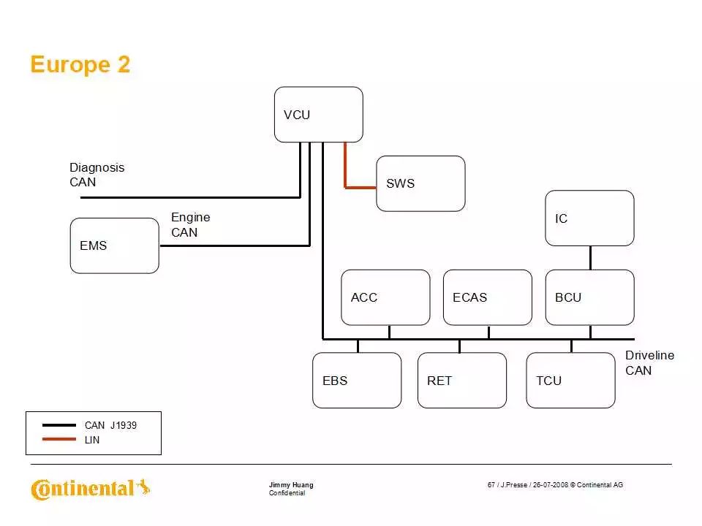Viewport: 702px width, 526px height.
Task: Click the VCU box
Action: coord(318,115)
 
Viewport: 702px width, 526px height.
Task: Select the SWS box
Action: coord(420,183)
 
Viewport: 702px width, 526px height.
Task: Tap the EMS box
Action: coord(114,245)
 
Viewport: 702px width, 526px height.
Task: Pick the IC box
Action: coord(589,218)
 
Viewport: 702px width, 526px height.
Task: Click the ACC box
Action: coord(385,297)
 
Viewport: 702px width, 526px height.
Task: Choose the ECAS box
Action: coord(487,297)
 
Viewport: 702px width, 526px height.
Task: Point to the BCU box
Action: coord(589,297)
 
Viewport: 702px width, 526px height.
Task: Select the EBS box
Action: coord(357,380)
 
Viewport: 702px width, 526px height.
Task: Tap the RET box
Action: coord(461,380)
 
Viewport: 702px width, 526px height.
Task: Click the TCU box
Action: coord(570,380)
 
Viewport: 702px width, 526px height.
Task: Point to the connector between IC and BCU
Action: coord(590,258)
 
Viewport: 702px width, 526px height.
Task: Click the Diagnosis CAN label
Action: coord(97,175)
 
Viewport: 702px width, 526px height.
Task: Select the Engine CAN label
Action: coord(190,224)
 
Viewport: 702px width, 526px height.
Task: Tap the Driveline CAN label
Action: coord(649,362)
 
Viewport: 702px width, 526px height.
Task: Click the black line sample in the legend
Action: coord(59,425)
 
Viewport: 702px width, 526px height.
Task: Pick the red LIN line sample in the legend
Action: coord(59,440)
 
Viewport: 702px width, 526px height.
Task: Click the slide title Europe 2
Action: coord(80,65)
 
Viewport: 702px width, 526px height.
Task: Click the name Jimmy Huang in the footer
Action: coord(291,485)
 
